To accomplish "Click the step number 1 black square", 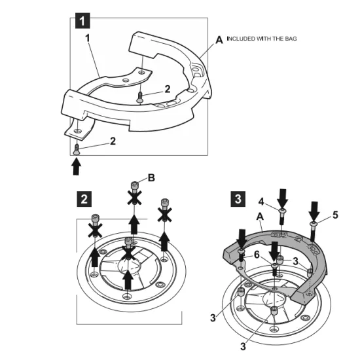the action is pos(82,21).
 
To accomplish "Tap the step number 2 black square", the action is pos(84,199).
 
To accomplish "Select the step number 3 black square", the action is pos(238,199).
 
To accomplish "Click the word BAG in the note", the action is pos(291,39).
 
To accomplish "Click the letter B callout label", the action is pos(151,177).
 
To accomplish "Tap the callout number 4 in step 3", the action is pos(261,202).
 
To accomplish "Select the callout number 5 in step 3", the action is pos(335,215).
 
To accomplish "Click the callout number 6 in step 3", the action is pos(257,255).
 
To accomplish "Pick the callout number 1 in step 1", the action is pos(88,38).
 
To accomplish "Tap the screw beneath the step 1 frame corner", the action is pos(76,149).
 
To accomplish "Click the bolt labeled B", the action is pos(135,185).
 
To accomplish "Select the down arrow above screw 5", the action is pos(314,211).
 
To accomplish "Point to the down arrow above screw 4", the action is pos(282,198).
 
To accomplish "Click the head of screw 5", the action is pos(313,223).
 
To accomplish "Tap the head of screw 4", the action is pos(281,211).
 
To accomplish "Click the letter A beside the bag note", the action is pos(219,40).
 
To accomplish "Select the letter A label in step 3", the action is pos(260,216).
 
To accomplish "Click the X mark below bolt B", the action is pos(135,198).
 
